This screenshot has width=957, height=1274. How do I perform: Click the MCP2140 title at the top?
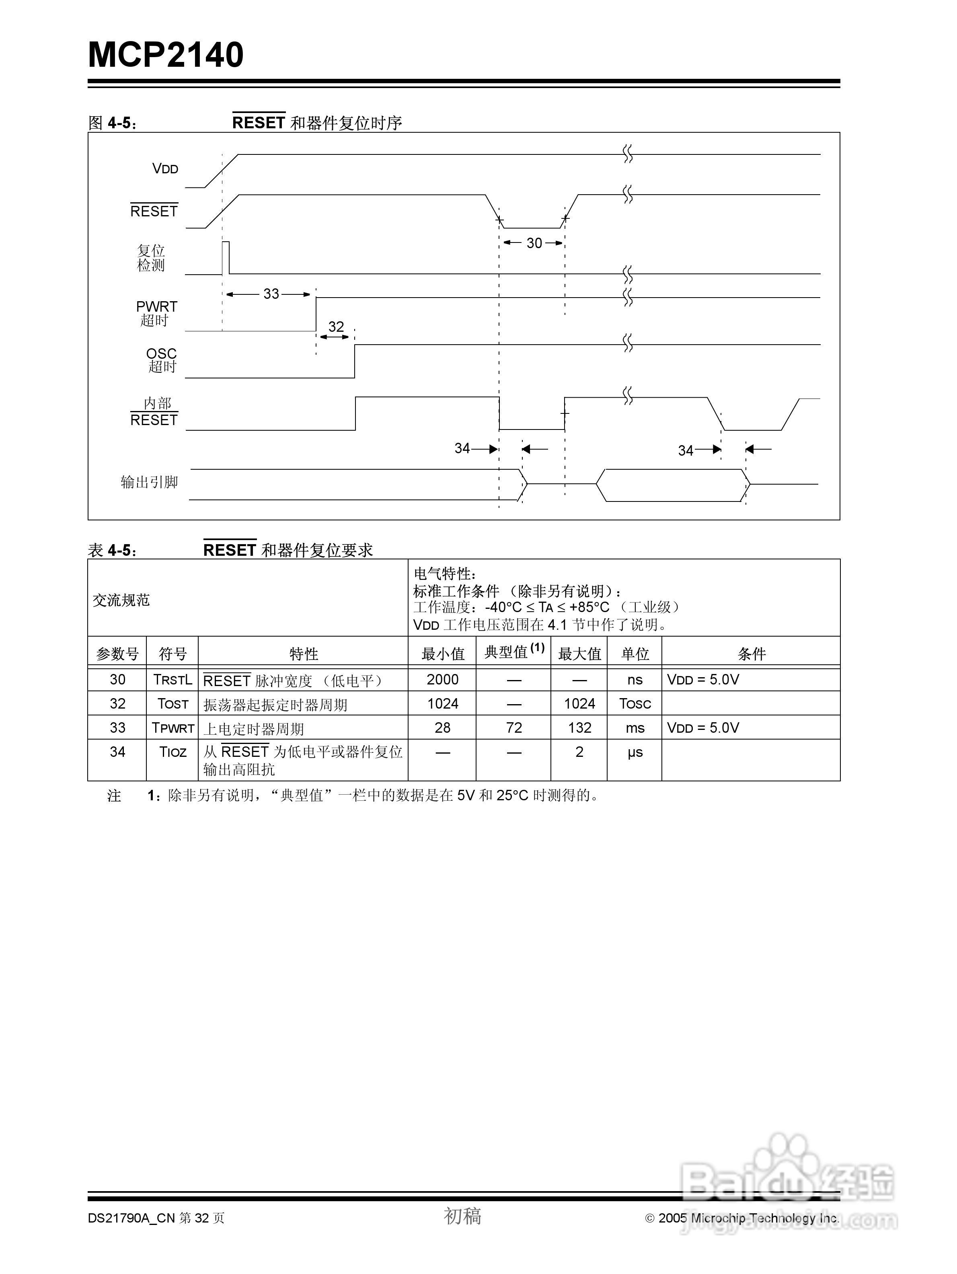166,55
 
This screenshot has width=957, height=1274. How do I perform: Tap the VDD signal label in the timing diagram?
165,169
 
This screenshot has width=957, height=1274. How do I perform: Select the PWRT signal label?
157,307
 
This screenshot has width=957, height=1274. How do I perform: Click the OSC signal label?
161,353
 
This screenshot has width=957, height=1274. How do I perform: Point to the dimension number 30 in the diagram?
534,243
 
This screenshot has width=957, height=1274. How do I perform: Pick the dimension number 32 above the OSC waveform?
336,327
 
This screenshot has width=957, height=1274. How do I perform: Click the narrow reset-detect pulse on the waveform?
226,257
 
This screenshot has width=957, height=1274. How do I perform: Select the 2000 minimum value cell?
442,680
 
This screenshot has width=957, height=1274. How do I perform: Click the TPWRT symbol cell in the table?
173,728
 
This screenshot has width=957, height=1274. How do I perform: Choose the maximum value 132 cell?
579,728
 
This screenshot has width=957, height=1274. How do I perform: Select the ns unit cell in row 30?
635,680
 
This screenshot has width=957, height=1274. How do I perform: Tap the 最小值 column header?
442,654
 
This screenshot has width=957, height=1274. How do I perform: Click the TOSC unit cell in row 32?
635,704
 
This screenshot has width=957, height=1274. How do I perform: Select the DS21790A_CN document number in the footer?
131,1218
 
